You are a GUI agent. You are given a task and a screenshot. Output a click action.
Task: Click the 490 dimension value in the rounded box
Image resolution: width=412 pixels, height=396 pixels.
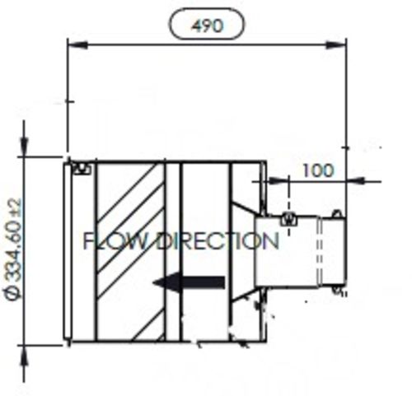pos(206,26)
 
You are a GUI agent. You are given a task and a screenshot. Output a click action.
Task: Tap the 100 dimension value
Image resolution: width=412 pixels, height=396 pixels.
pos(318,171)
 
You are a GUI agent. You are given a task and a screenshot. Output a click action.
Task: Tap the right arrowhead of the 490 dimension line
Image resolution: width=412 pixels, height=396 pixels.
pos(339,44)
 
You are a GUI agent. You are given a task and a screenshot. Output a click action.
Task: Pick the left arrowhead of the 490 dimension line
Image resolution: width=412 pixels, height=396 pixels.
pos(73,44)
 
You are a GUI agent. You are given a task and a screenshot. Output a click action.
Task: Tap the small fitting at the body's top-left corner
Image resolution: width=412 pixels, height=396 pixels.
pos(80,170)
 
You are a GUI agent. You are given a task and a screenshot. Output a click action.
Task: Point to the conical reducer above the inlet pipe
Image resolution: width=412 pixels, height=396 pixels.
pos(246,202)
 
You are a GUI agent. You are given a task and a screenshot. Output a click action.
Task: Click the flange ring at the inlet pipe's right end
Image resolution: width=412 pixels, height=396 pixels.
pos(335,251)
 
